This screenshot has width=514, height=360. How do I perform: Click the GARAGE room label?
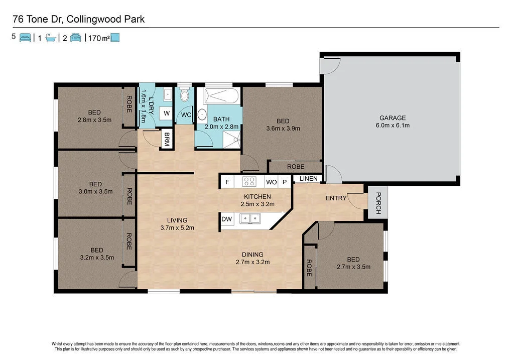392,118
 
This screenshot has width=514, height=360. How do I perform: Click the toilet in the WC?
185,95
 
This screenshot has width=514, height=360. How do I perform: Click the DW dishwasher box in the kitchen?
226,219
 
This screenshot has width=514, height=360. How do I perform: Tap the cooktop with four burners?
249,182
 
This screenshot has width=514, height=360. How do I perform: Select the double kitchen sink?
249,218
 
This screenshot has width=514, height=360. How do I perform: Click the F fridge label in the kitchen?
227,182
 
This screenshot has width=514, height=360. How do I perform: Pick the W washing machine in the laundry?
166,114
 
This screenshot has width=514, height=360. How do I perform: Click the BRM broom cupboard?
166,139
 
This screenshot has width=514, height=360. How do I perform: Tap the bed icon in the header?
25,37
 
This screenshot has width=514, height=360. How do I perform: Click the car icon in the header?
76,37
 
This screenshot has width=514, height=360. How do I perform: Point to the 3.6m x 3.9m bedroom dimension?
283,129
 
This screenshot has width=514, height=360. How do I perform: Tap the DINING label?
252,255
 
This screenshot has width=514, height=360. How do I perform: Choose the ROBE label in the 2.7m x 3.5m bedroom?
309,268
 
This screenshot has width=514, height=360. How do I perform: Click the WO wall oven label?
271,182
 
